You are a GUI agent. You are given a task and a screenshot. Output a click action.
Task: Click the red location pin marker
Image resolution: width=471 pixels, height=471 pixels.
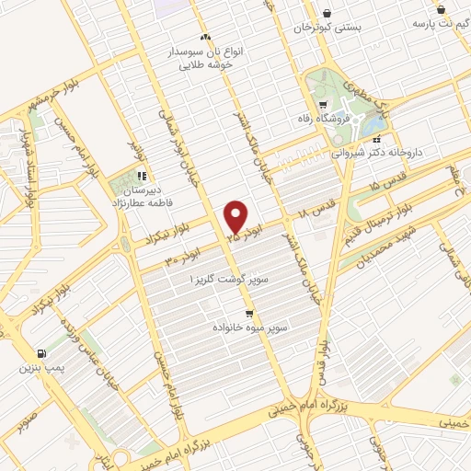coord(236,217)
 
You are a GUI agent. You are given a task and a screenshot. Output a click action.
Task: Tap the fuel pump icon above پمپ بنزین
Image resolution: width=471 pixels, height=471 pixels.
coord(40,353)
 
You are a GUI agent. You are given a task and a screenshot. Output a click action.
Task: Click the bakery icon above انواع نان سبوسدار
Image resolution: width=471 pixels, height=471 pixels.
coord(205,37)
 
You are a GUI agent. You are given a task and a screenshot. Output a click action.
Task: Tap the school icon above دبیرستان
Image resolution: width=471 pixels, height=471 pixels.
coord(141,175)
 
